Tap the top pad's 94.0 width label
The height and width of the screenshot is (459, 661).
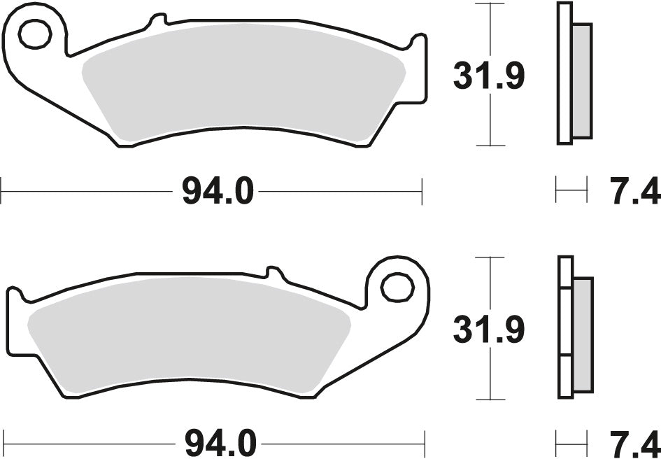click(217, 190)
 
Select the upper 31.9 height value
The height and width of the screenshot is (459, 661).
click(489, 77)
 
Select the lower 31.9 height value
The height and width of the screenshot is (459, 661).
click(489, 330)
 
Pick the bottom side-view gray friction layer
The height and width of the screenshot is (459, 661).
click(582, 332)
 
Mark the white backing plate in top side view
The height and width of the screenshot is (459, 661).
click(564, 73)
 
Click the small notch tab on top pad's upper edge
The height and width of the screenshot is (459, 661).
click(157, 21)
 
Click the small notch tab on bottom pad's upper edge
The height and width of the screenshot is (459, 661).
click(273, 272)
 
